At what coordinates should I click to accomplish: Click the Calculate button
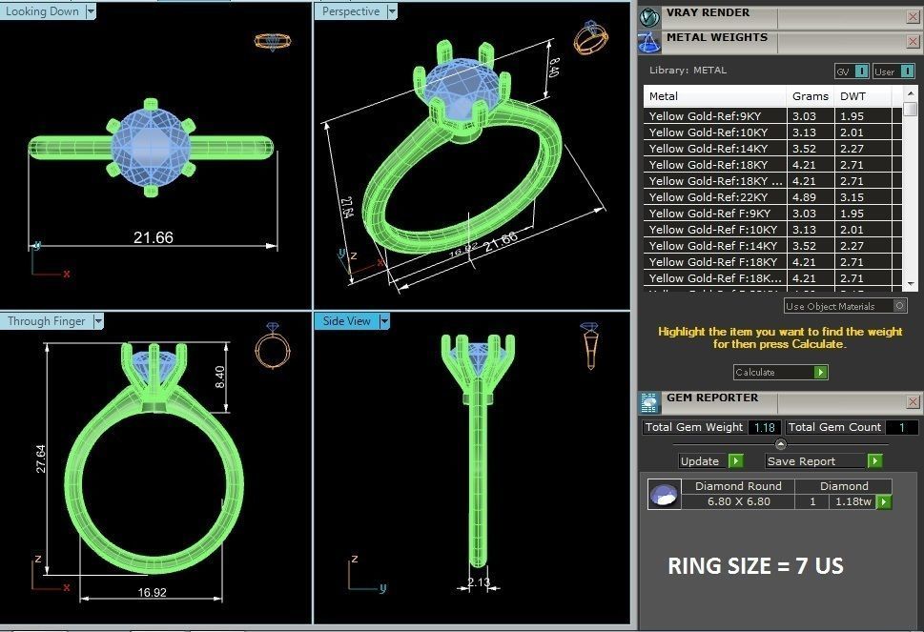(779, 372)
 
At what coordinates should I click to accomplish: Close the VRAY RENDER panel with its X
(913, 16)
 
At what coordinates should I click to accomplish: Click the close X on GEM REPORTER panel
(913, 401)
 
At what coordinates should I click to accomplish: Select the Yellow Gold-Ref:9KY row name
(705, 116)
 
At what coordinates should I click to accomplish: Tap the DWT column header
(852, 96)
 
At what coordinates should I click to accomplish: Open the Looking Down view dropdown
(91, 11)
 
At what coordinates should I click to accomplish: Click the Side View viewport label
(346, 321)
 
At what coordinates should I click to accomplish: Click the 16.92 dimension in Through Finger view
(152, 592)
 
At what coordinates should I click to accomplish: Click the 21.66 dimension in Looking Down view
(153, 237)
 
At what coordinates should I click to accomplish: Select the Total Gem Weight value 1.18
(765, 427)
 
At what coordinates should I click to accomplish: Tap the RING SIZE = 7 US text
(755, 566)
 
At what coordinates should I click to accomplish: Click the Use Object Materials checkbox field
(845, 306)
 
